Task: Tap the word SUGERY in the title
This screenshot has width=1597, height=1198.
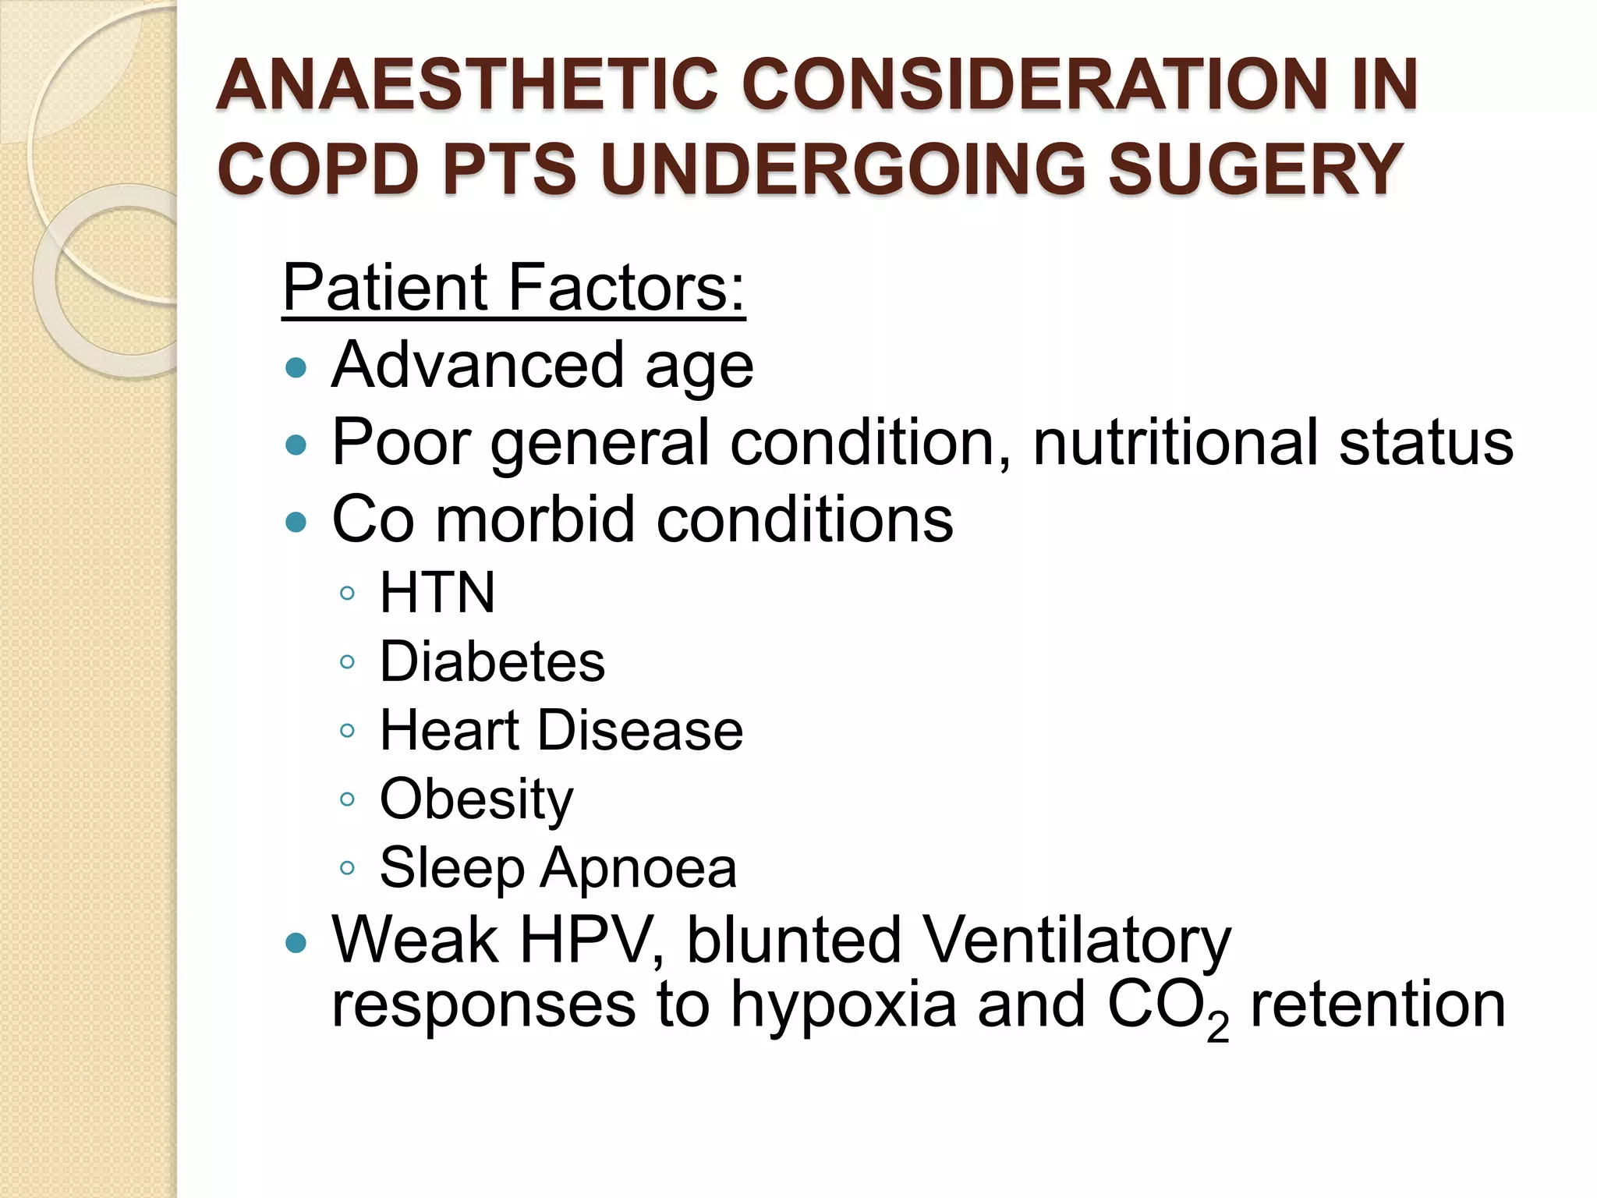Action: pos(1255,169)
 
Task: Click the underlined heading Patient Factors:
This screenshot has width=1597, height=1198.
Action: pos(514,288)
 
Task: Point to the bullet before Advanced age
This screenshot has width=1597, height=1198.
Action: pos(296,367)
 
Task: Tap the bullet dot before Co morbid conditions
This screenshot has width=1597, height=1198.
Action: pos(296,521)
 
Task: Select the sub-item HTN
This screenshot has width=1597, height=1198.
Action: pos(437,593)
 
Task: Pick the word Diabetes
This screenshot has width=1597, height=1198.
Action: pos(492,662)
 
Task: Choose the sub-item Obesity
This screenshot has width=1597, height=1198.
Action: pos(476,800)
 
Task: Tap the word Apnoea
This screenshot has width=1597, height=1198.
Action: pos(639,868)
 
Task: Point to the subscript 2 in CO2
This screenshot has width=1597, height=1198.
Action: pos(1217,1028)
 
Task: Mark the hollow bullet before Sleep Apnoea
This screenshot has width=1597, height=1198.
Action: pos(348,868)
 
